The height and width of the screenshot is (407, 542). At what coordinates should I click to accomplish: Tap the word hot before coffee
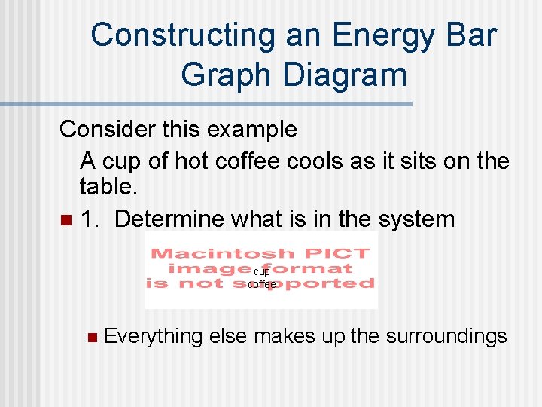pyautogui.click(x=191, y=161)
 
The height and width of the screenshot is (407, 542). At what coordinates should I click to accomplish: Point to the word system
pyautogui.click(x=417, y=219)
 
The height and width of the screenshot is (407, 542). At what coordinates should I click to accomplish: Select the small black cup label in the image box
pyautogui.click(x=261, y=271)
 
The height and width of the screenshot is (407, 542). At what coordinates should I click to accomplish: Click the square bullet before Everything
pyautogui.click(x=92, y=337)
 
